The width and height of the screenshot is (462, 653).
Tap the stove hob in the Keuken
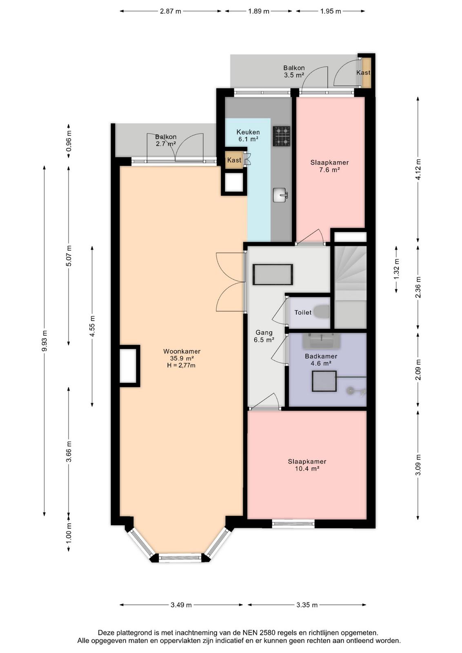tap(282, 136)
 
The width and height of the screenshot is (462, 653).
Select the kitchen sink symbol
tap(280, 195)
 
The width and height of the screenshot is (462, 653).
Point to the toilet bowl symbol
tap(322, 312)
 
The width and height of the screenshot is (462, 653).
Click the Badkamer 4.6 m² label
tap(321, 360)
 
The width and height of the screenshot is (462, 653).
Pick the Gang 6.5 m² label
tap(264, 336)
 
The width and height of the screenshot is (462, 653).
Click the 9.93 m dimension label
tap(44, 341)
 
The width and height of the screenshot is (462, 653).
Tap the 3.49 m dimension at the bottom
tap(181, 605)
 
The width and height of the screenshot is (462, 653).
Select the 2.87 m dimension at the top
tap(171, 11)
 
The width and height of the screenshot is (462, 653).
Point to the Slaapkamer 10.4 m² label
tap(307, 465)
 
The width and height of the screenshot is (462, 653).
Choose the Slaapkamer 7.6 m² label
tap(329, 166)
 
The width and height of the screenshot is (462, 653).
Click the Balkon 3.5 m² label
tap(294, 71)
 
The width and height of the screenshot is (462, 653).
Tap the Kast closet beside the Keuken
tap(234, 160)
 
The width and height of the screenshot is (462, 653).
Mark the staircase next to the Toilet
tap(350, 287)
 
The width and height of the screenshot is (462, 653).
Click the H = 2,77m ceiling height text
tap(181, 365)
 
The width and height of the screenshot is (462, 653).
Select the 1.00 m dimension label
tap(69, 532)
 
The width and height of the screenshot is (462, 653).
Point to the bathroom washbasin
tap(321, 341)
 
